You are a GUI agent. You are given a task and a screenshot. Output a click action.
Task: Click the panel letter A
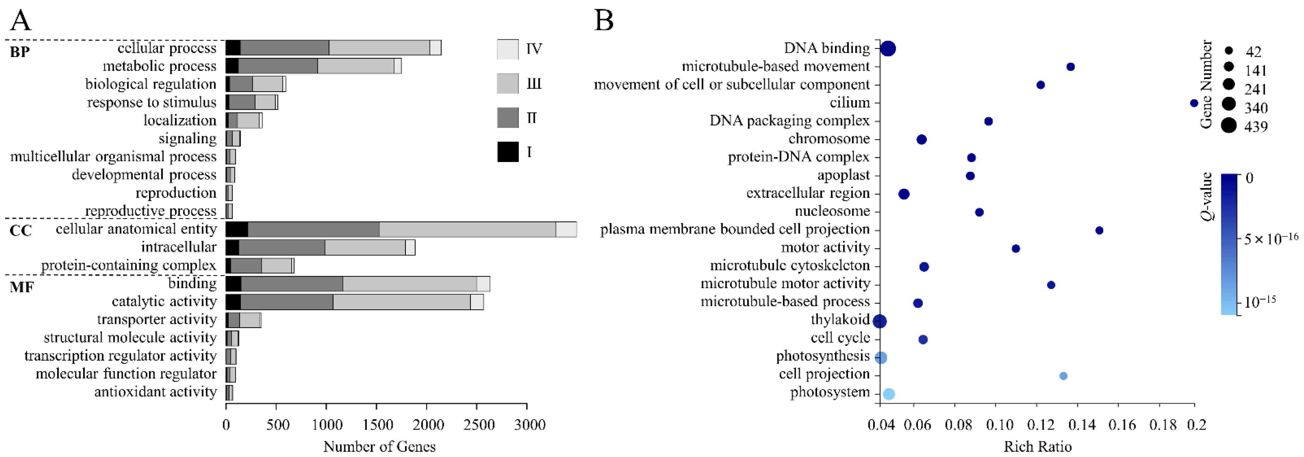21,21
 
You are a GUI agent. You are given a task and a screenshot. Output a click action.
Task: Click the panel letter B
604,21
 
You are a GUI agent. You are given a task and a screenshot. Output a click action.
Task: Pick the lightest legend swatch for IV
508,49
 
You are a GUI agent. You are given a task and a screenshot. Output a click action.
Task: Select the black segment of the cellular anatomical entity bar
236,229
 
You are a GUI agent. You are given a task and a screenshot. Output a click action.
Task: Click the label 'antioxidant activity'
156,392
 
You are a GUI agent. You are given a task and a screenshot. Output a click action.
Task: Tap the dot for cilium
1194,103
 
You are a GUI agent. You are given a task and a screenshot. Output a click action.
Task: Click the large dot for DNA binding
888,49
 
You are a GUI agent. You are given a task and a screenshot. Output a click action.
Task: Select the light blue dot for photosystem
888,394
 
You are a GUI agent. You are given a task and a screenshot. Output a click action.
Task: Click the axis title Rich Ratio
1037,446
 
